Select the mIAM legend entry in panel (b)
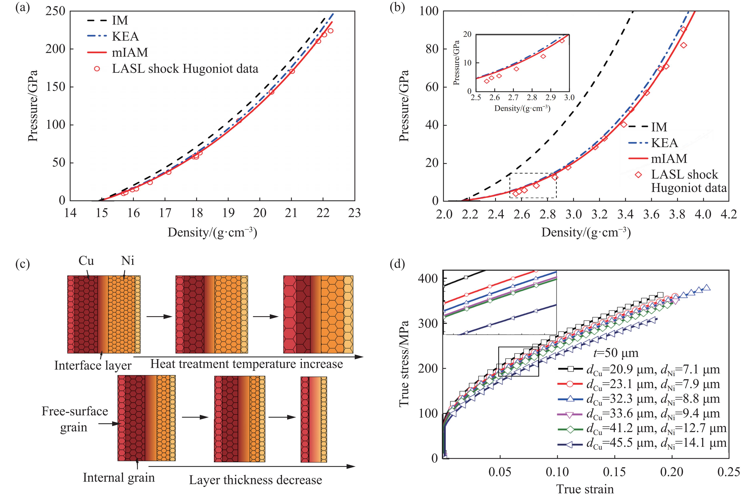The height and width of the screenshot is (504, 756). click(x=669, y=159)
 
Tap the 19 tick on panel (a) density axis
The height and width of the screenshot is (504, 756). click(x=228, y=213)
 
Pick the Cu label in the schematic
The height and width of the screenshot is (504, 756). click(x=86, y=261)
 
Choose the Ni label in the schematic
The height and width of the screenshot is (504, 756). click(x=128, y=261)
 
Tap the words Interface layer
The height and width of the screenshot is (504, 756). click(x=93, y=365)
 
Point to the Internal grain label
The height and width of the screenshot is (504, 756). click(x=119, y=478)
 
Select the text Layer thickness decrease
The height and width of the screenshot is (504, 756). click(x=255, y=480)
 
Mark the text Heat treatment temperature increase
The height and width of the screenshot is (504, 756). click(x=246, y=364)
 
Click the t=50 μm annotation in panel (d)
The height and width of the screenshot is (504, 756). click(x=615, y=353)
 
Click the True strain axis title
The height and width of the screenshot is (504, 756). click(x=585, y=489)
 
